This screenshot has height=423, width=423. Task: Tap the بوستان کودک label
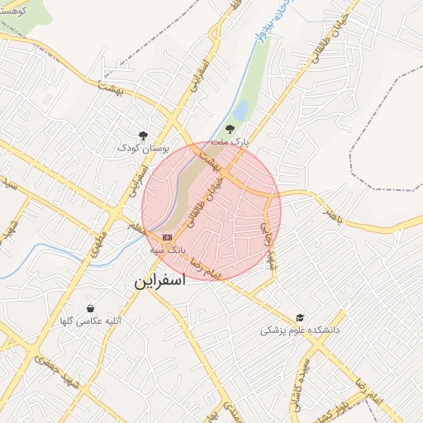click(x=143, y=149)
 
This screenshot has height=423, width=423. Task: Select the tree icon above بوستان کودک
click(x=143, y=135)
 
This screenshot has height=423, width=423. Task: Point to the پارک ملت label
click(x=231, y=143)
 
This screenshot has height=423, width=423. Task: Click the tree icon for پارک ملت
click(x=230, y=128)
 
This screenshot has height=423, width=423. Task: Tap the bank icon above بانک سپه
click(x=168, y=236)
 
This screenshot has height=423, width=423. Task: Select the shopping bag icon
click(x=90, y=308)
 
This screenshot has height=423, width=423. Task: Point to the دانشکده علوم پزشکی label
click(x=300, y=330)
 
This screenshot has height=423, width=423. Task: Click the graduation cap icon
click(x=300, y=317)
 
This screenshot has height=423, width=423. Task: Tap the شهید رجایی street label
click(x=268, y=244)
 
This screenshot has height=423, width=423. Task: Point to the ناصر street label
click(x=330, y=215)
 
